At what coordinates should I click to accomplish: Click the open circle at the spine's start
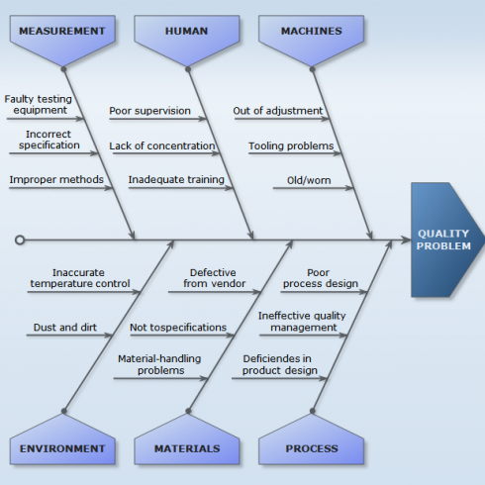click(x=20, y=240)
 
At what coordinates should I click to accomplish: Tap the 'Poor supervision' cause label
click(x=149, y=111)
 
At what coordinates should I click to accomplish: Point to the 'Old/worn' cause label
click(x=309, y=180)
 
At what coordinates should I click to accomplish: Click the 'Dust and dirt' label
click(x=65, y=328)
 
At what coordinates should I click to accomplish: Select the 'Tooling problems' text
click(x=291, y=145)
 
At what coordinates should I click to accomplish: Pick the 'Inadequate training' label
click(x=176, y=179)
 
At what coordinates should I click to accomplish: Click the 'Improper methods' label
click(x=56, y=179)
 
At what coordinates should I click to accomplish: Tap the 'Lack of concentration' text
click(x=162, y=145)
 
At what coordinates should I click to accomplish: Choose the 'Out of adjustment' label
click(x=278, y=111)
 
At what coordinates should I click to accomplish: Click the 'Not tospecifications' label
click(x=178, y=328)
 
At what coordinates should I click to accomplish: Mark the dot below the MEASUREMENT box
click(x=63, y=69)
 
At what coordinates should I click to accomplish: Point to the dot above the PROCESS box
click(x=313, y=411)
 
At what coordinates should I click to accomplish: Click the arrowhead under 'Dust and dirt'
click(x=109, y=336)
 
